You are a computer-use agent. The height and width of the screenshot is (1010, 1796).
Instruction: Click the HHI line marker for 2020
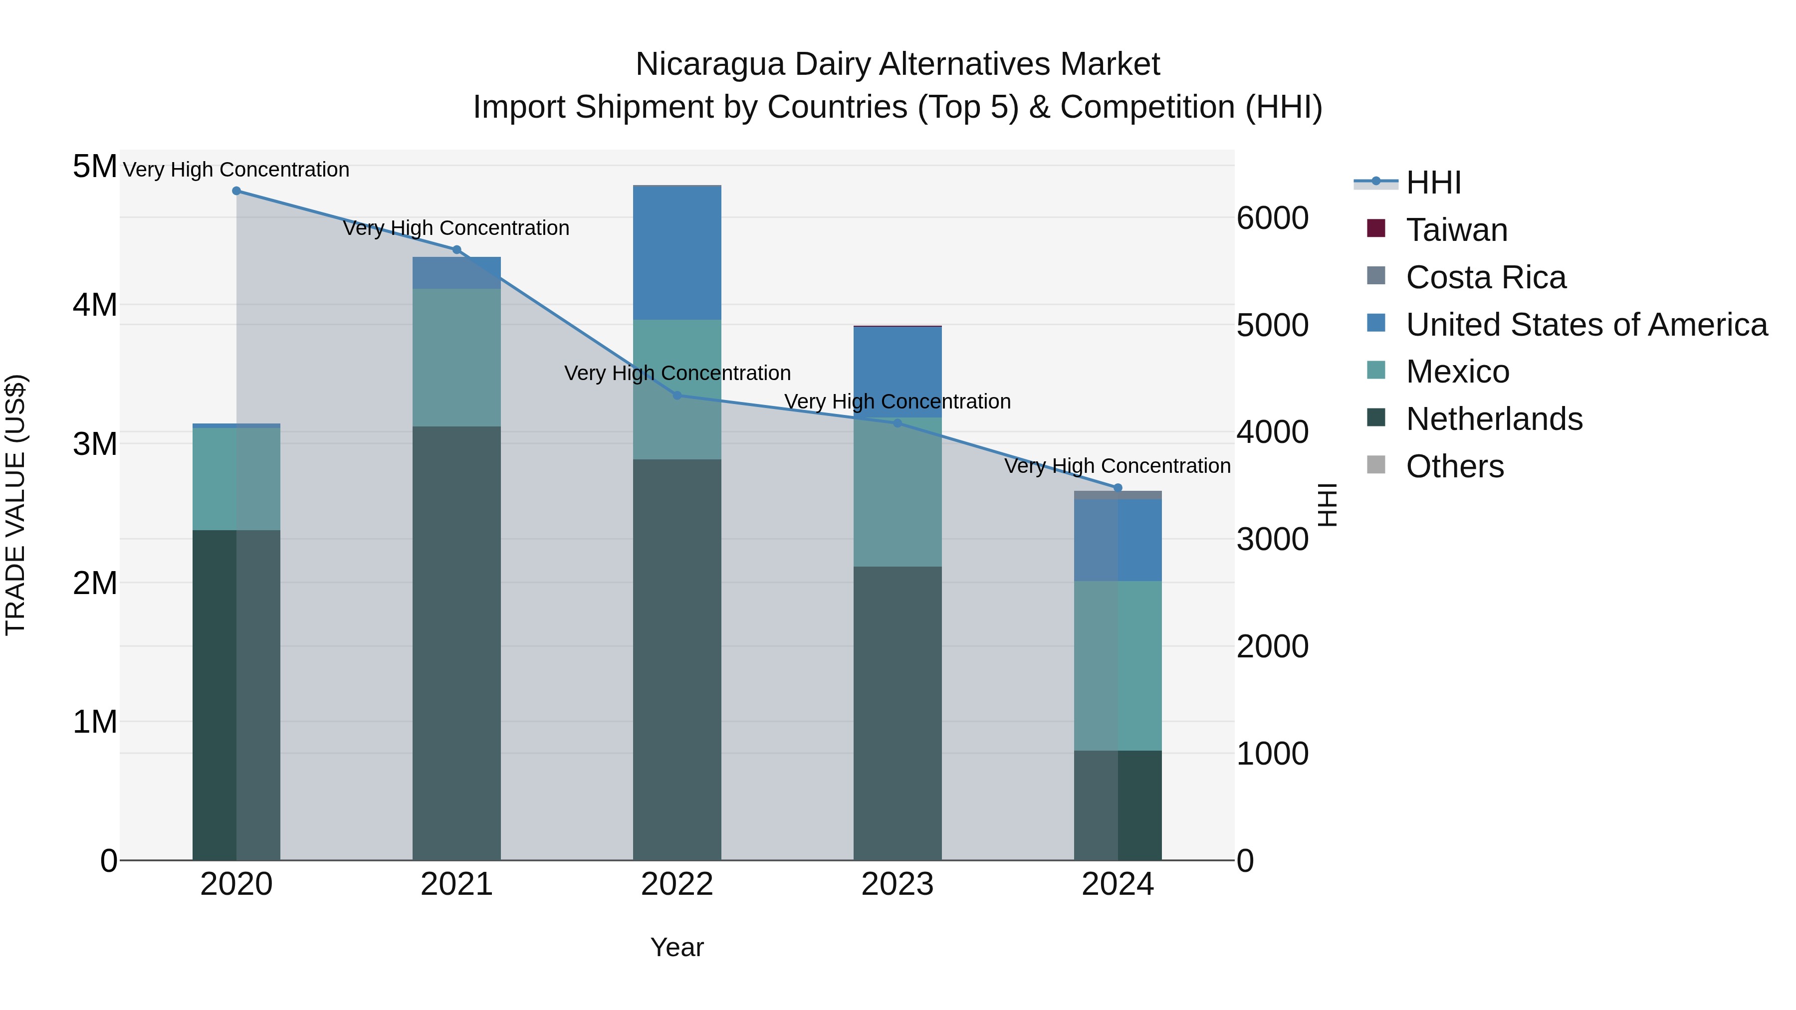[236, 191]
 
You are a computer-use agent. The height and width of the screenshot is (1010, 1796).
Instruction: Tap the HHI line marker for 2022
[677, 395]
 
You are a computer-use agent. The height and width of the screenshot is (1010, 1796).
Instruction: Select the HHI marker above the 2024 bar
[1118, 488]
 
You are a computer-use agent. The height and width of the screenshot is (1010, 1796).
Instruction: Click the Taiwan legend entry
[1456, 230]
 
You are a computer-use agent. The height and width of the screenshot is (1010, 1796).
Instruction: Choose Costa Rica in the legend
[1485, 277]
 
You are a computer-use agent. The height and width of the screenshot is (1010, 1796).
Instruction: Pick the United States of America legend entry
[1586, 325]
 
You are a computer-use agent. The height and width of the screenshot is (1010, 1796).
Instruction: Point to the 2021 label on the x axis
[456, 884]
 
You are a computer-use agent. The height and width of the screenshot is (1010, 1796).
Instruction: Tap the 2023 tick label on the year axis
[898, 884]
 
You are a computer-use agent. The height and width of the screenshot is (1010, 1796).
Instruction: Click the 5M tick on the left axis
[95, 167]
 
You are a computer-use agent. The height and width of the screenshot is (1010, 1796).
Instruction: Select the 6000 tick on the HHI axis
[1272, 218]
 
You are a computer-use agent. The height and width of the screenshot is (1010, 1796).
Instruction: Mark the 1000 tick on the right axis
[1272, 754]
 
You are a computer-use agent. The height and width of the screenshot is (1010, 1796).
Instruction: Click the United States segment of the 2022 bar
[677, 253]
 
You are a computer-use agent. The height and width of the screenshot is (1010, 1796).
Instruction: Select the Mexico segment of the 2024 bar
[1118, 666]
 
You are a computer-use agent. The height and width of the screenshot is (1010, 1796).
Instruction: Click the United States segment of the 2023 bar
[898, 372]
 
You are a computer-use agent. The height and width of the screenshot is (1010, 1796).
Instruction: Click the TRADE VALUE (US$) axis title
[15, 505]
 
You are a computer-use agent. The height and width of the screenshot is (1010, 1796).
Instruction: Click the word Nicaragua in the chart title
[710, 65]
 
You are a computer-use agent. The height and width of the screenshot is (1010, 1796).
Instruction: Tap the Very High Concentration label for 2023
[898, 402]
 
